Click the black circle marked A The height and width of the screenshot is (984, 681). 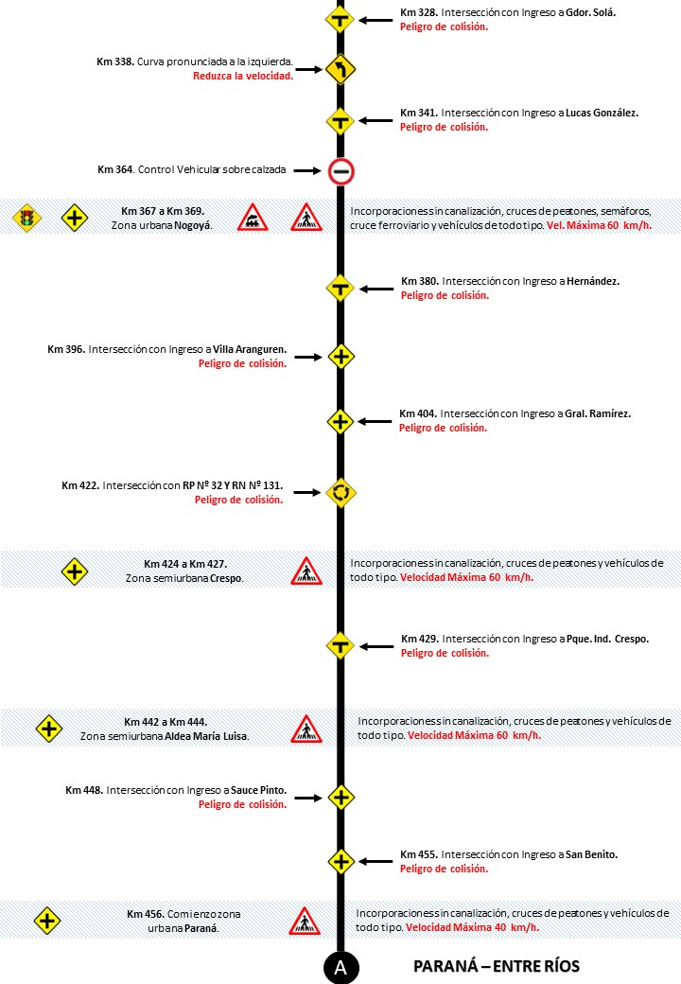click(x=340, y=966)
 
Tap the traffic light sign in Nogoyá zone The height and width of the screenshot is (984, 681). click(x=27, y=219)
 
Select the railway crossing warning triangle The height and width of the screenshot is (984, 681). click(x=252, y=219)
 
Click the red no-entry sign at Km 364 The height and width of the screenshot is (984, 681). click(x=340, y=171)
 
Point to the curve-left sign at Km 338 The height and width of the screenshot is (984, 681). click(x=340, y=69)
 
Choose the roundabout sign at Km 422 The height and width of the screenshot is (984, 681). click(x=340, y=492)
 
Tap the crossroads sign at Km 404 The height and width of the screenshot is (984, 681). click(x=340, y=421)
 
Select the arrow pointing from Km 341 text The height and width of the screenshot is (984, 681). click(x=375, y=120)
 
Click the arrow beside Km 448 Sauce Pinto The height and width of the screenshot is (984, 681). click(x=307, y=797)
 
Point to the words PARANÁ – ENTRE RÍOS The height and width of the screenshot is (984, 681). click(x=497, y=967)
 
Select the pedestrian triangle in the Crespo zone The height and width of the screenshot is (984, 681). click(x=306, y=571)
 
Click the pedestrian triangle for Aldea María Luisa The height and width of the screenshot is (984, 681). click(x=306, y=729)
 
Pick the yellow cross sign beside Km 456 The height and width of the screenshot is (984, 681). click(x=48, y=921)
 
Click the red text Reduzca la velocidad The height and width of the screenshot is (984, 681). click(x=242, y=77)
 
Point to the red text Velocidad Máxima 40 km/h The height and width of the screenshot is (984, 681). click(x=473, y=928)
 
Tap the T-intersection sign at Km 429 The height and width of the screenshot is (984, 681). click(x=340, y=646)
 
